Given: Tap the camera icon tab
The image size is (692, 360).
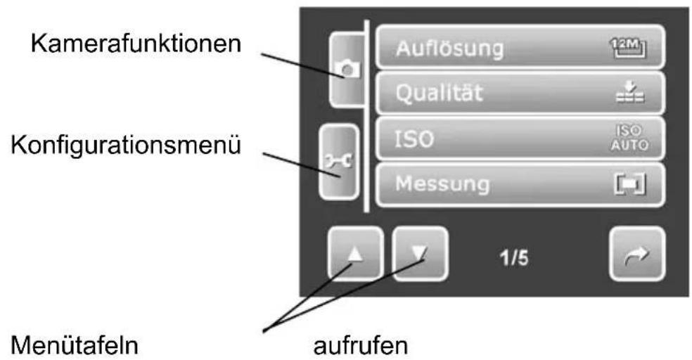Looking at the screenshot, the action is [349, 69].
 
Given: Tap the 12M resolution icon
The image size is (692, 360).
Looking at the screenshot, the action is [630, 49].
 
